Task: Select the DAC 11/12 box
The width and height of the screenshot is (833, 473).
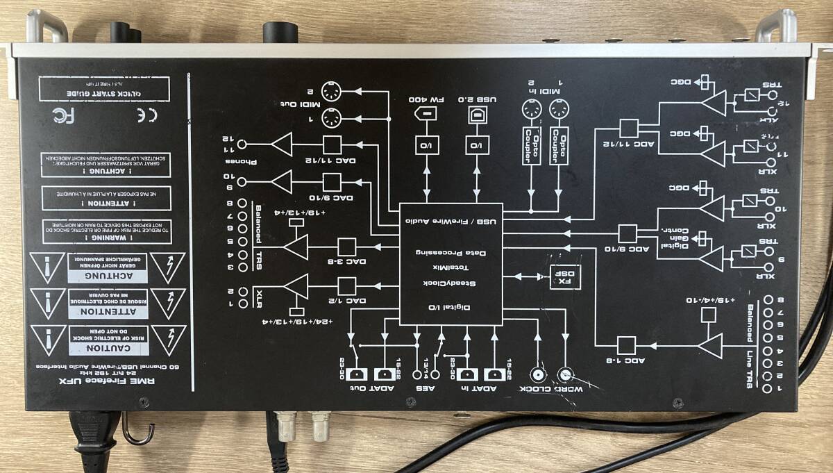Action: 332,144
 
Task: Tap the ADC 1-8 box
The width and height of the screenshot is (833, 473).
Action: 626,345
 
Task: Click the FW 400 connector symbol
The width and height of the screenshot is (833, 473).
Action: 426,115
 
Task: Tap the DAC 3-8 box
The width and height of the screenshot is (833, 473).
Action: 346,247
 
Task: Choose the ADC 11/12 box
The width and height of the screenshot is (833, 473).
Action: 629,128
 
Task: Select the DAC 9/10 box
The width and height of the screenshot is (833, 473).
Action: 332,182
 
